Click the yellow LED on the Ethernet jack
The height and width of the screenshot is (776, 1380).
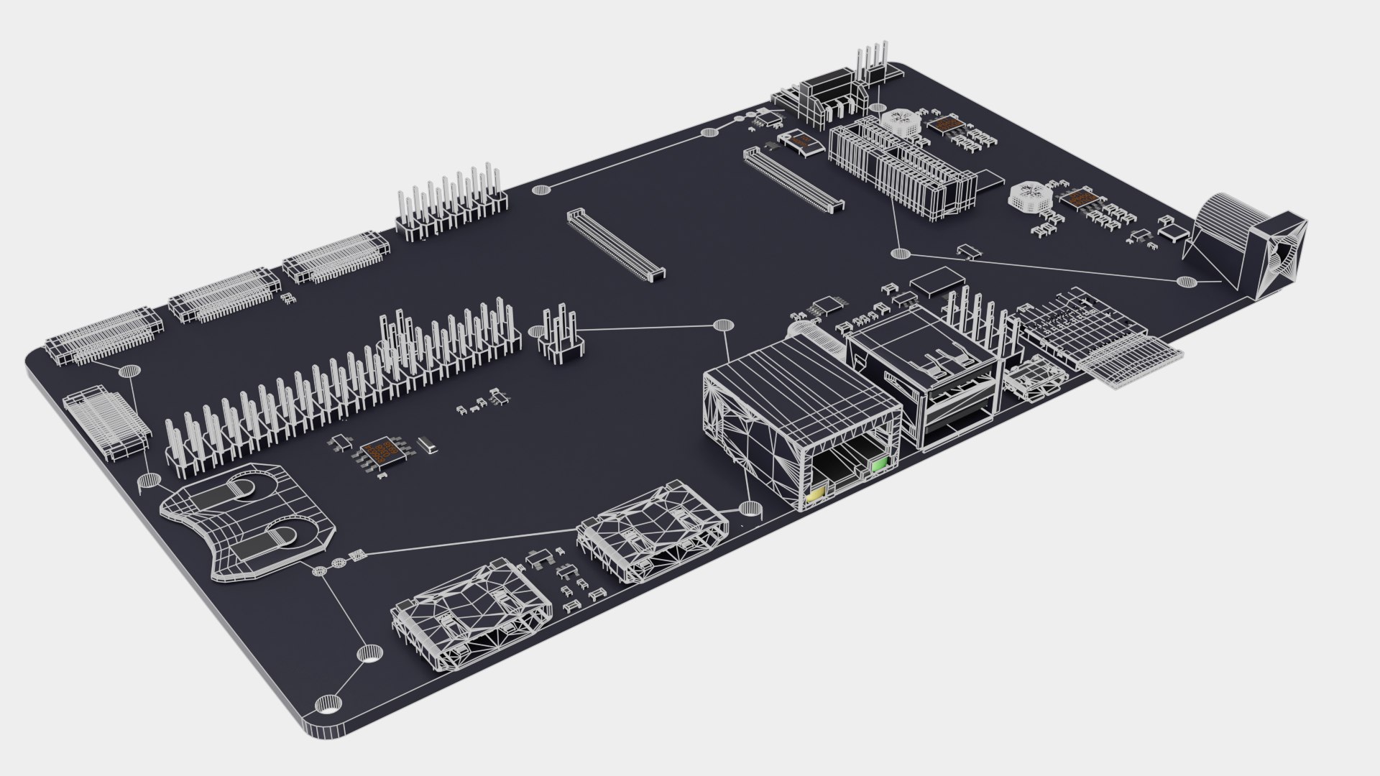[x=815, y=495]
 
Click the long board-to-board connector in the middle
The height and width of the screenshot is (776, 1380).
[x=616, y=244]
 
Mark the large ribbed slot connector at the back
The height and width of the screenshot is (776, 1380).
[x=902, y=169]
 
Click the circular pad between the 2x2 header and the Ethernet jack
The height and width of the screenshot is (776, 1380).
[x=722, y=325]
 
